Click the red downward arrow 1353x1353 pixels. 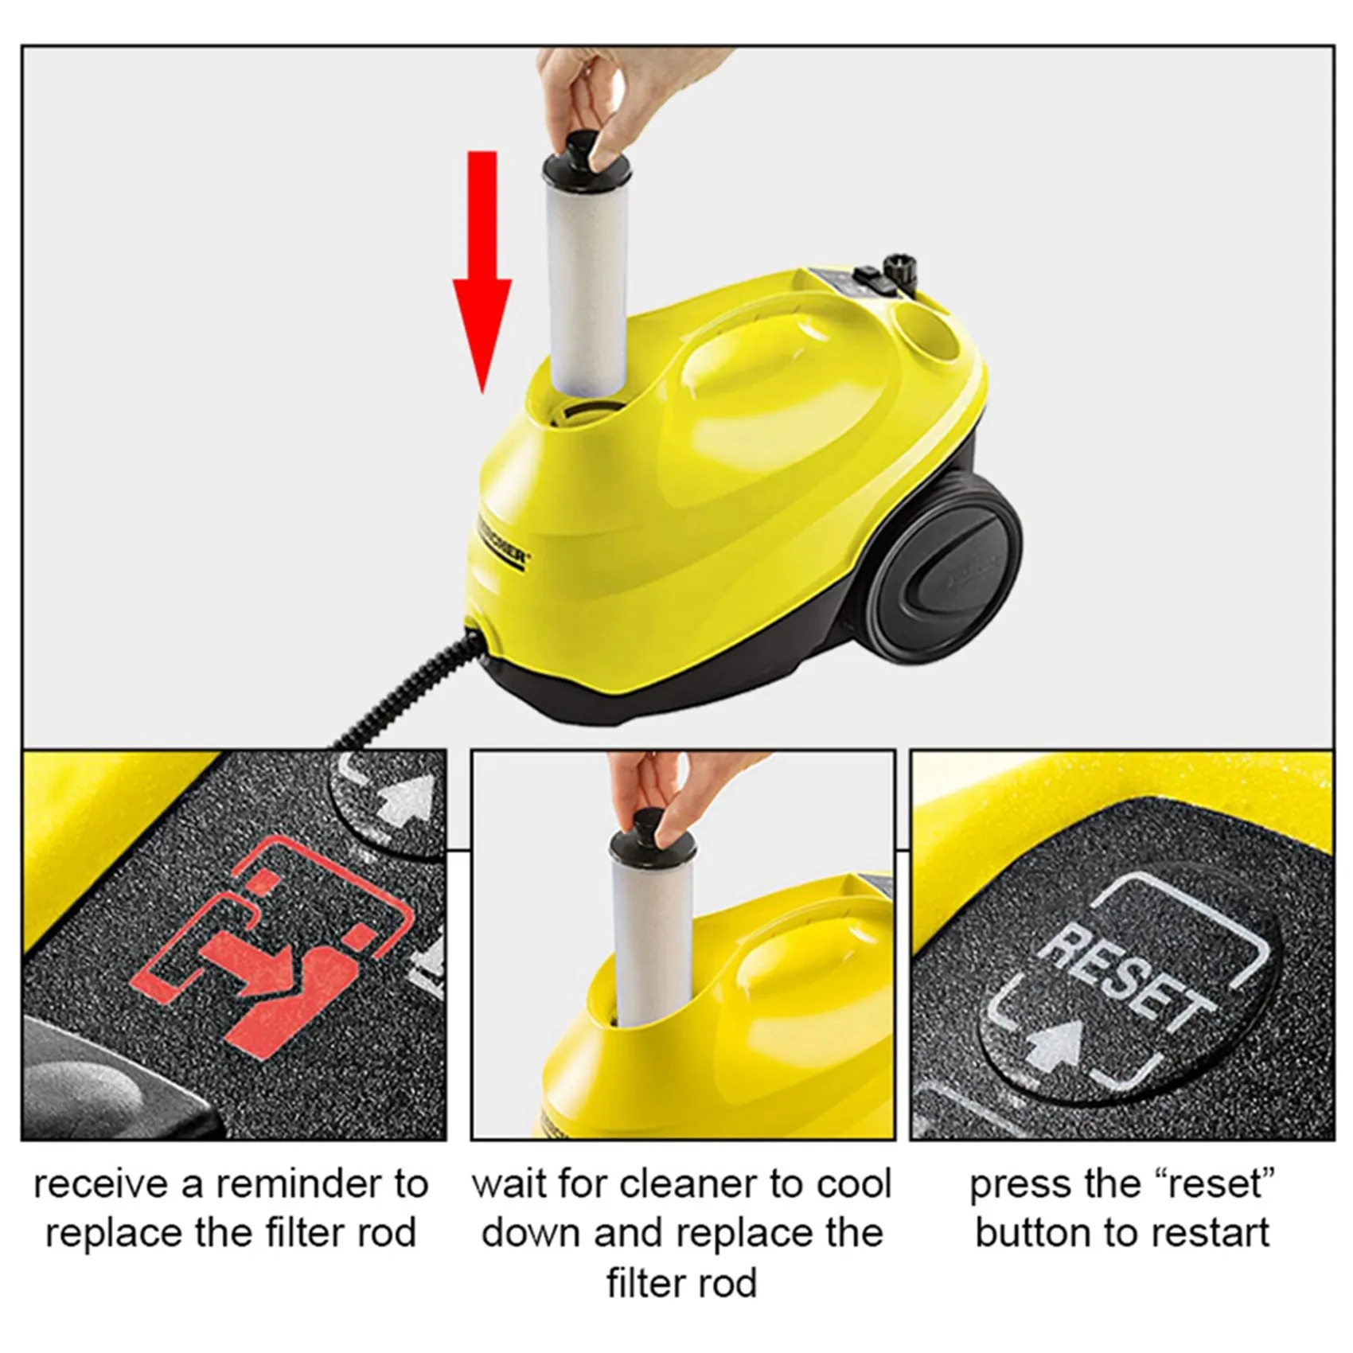[482, 271]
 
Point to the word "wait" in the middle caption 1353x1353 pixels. [508, 1184]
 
